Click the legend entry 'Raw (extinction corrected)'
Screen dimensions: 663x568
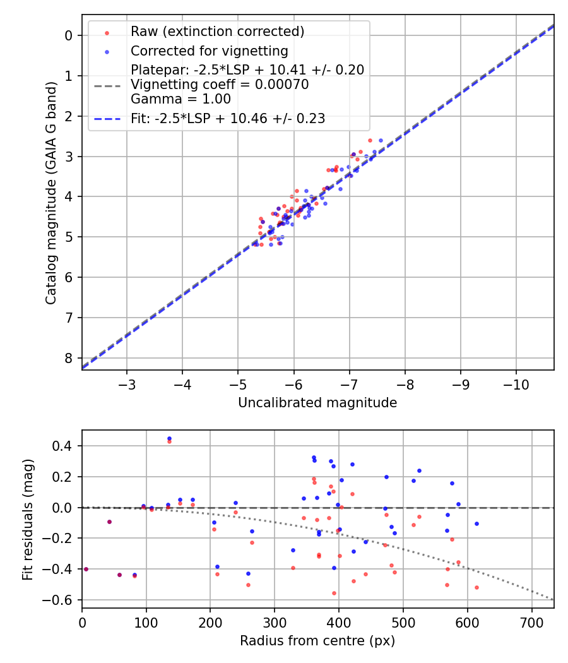(217, 32)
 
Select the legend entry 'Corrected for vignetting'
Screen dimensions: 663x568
(209, 51)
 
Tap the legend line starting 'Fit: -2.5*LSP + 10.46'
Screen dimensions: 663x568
(228, 118)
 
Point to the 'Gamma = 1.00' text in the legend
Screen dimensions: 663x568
(180, 99)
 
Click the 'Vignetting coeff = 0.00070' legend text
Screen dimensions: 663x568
(220, 85)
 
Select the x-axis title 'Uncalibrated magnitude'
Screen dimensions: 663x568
(317, 403)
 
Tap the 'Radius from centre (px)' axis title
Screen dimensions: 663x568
(317, 641)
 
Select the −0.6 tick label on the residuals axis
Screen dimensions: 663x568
(61, 600)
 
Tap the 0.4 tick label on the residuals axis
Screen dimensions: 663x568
(64, 446)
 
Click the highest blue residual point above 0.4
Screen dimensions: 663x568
(169, 438)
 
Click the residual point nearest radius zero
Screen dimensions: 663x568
(86, 569)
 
